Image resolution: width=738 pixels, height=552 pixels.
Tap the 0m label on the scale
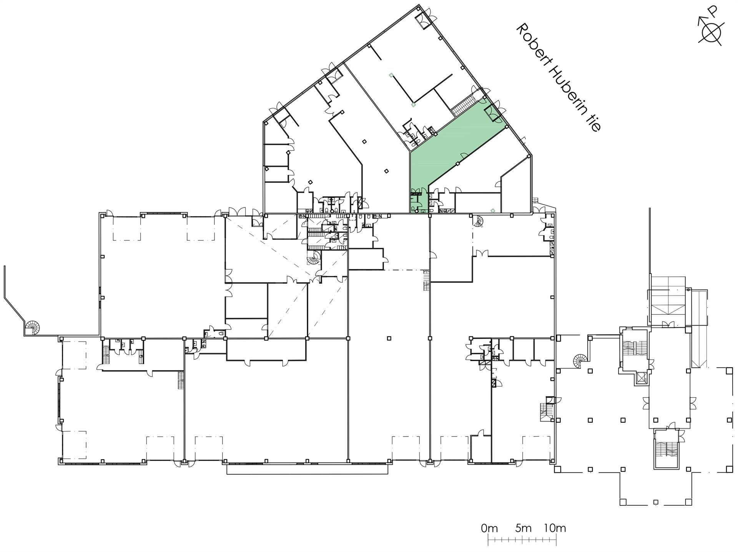click(489, 528)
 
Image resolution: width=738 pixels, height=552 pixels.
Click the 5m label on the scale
click(523, 528)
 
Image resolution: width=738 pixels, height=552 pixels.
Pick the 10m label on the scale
click(555, 528)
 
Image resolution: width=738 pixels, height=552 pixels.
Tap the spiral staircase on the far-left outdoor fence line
click(32, 328)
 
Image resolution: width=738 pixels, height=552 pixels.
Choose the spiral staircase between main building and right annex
click(580, 361)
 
